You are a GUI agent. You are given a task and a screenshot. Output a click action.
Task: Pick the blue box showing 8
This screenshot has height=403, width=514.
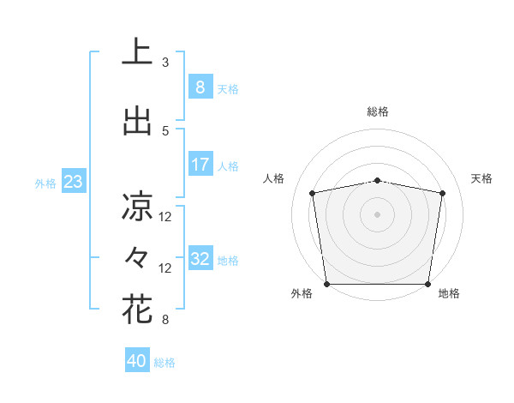(x=200, y=87)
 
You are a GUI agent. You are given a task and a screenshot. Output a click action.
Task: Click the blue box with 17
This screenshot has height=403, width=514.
(x=200, y=165)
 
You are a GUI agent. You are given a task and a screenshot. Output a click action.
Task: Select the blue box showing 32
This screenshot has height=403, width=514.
(x=200, y=259)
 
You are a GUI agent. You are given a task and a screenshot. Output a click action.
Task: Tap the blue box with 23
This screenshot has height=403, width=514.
(x=72, y=182)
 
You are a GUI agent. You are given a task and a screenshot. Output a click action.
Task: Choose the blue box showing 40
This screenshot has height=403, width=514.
(x=137, y=361)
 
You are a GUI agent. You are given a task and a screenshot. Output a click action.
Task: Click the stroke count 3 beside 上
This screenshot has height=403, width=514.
(x=165, y=63)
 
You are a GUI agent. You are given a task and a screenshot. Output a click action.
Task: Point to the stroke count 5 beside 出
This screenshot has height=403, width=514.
(x=165, y=131)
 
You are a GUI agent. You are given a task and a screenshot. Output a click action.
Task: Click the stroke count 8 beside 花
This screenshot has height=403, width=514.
(x=165, y=321)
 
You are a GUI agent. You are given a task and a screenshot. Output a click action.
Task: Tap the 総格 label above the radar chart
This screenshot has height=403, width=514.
(x=377, y=111)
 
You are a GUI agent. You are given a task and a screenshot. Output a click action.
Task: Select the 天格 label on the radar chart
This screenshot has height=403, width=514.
(x=482, y=178)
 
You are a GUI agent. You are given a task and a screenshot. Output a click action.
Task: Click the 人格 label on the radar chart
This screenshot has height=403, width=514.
(x=274, y=178)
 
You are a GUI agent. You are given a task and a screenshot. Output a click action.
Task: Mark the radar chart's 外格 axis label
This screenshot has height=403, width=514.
(x=302, y=293)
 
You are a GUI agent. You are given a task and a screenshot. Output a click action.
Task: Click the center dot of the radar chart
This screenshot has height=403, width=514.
(x=377, y=214)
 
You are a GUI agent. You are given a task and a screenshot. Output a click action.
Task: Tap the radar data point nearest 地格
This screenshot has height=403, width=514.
(x=428, y=284)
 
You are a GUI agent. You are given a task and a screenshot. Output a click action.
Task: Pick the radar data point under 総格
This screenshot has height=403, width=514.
(x=377, y=180)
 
